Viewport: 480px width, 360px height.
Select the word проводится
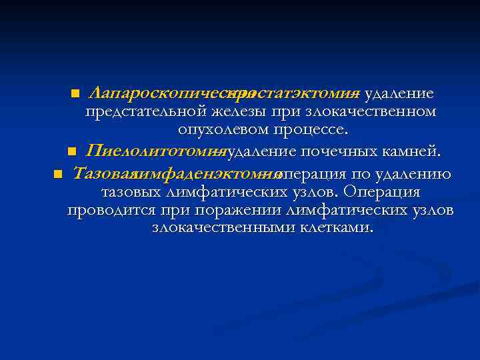click(111, 210)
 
